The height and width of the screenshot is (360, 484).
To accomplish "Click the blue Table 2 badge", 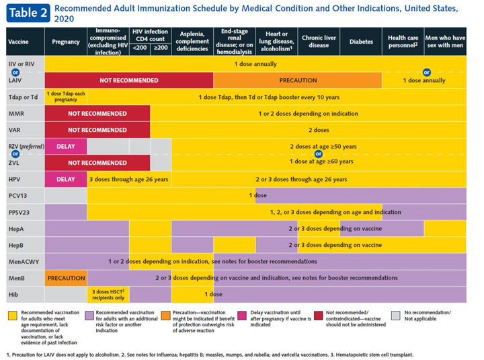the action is (x=28, y=13).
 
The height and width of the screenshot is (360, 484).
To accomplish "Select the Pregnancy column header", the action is (x=66, y=42).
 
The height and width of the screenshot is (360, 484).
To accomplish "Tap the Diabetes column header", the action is (x=361, y=42).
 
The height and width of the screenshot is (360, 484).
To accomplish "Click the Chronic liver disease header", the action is (x=319, y=42).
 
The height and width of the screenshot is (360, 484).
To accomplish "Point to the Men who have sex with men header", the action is (x=446, y=42).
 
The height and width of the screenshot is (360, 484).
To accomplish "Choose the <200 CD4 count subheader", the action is (x=140, y=48).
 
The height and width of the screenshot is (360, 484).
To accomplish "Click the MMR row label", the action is (x=16, y=114).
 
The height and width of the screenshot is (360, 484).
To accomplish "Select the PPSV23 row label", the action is (x=19, y=212).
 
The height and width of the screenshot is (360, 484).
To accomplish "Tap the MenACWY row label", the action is (x=24, y=262).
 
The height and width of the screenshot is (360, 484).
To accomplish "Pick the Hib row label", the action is (x=13, y=295).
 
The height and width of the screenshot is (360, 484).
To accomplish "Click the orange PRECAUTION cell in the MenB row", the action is (x=66, y=278).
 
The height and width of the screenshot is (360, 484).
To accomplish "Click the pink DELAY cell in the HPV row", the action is (x=66, y=179).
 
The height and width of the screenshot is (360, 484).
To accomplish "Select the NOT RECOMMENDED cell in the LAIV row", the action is (x=129, y=80).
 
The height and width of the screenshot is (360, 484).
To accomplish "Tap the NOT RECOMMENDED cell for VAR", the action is (x=97, y=130).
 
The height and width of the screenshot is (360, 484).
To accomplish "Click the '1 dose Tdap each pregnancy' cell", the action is (x=66, y=97).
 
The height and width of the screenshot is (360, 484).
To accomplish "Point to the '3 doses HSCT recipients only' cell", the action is (x=108, y=295).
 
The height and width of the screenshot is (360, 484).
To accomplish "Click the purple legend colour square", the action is (x=89, y=316).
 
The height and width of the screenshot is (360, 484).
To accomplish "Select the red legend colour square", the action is (x=319, y=316).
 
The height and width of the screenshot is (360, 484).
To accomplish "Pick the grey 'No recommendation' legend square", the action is (x=396, y=316).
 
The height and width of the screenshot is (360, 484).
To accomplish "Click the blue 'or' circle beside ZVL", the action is (x=15, y=154).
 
